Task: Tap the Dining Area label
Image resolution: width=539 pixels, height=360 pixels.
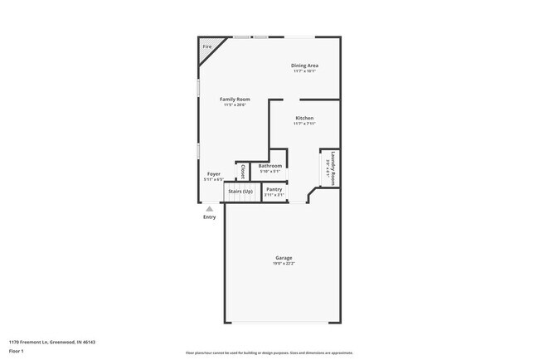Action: [304, 66]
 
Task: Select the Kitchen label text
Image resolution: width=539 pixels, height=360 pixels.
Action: [304, 118]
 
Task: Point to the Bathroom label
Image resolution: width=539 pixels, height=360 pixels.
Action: [270, 166]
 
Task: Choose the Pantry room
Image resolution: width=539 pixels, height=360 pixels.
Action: [274, 190]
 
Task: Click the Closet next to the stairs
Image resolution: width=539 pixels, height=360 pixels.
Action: [242, 171]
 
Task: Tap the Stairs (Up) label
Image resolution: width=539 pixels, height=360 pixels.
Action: [241, 192]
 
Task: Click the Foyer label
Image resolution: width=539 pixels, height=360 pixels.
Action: [213, 174]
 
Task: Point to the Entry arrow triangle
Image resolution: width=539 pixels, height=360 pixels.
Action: [209, 209]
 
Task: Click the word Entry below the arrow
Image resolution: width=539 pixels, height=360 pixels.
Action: [209, 217]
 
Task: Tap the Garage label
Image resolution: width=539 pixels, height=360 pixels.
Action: [284, 257]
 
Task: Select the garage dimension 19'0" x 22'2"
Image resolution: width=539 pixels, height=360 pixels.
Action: [284, 263]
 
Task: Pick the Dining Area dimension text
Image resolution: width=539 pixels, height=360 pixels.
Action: [304, 71]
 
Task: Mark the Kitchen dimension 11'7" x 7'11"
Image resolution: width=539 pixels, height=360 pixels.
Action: [304, 124]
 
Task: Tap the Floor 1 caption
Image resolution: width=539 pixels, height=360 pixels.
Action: [17, 352]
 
